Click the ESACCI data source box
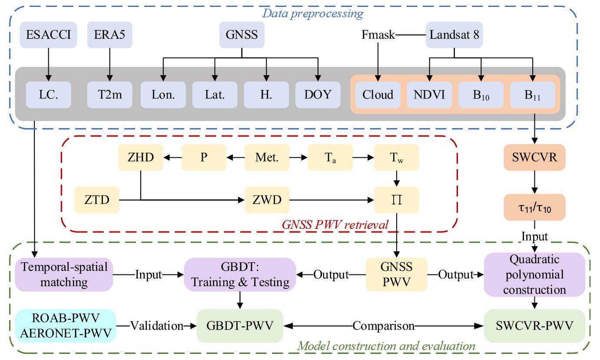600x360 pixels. coord(48,35)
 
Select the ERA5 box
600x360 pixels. coord(109,35)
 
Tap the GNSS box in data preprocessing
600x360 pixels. coord(242,35)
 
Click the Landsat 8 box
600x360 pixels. coord(454,35)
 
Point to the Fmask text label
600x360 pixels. coord(378,35)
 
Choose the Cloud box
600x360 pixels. coord(378,95)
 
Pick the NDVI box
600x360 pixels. coord(429,95)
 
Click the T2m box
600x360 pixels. coord(109,95)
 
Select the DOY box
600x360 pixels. coord(318,95)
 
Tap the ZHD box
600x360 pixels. coord(140,158)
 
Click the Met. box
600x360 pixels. coord(267,158)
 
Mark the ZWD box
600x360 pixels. coord(267,200)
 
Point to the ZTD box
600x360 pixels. coord(96,200)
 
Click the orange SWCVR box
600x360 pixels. coord(534,158)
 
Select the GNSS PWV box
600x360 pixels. coord(396,274)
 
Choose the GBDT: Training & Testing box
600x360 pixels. coord(240,274)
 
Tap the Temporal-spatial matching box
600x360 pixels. coord(64,274)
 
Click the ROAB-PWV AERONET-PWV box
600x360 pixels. coord(64,326)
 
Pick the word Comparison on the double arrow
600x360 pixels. coord(383,326)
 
